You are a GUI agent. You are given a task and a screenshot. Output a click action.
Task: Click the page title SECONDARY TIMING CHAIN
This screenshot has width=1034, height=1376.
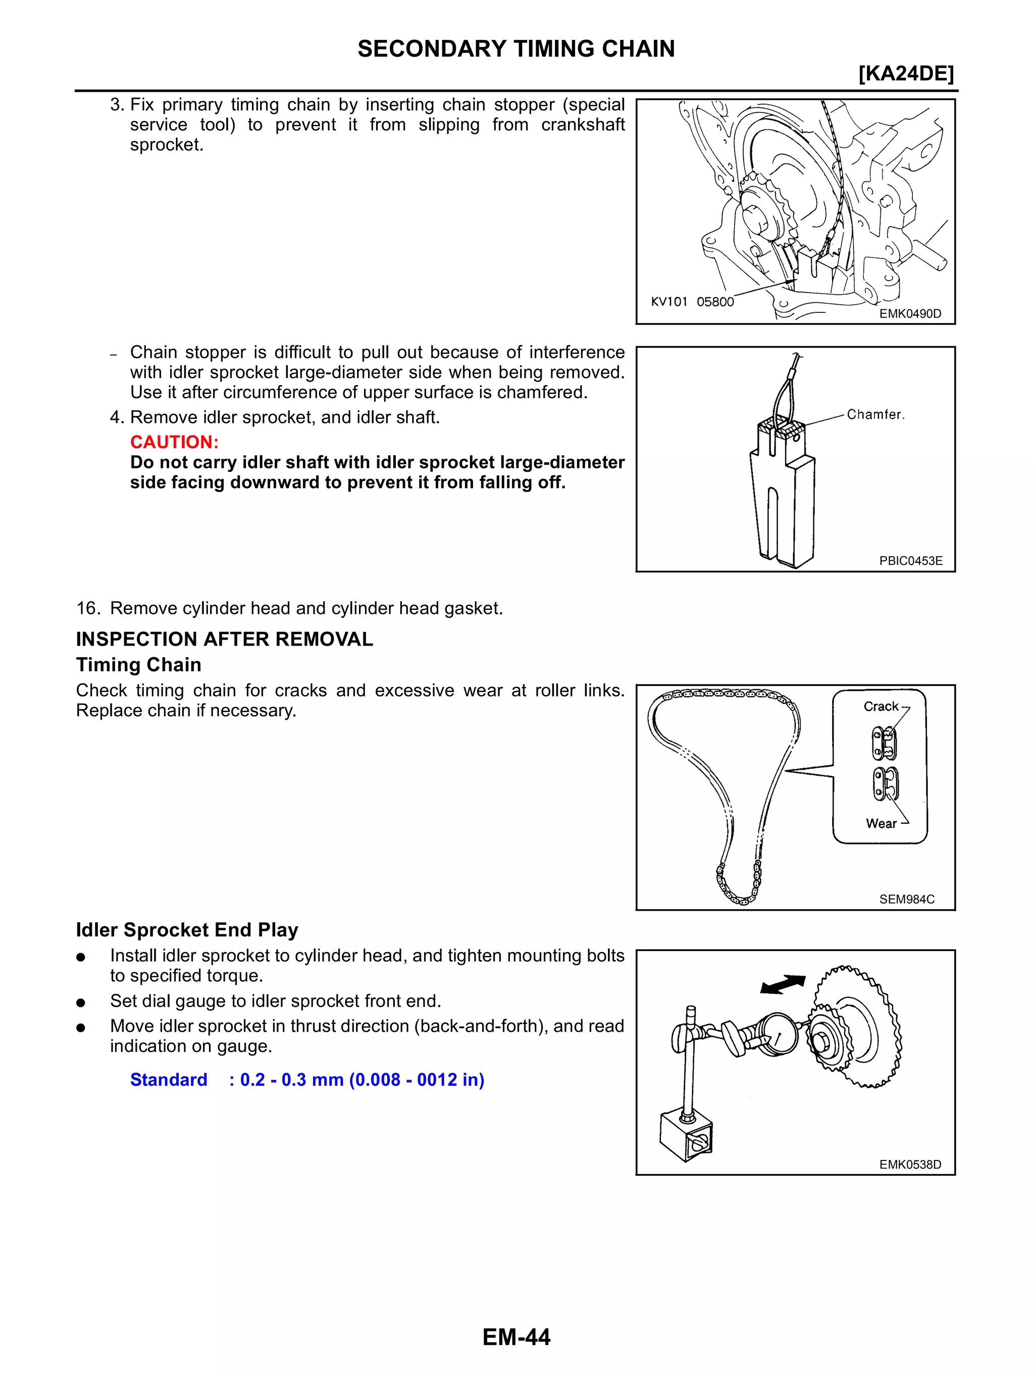516,48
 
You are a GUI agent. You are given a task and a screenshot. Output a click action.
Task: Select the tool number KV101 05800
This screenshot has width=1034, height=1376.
692,302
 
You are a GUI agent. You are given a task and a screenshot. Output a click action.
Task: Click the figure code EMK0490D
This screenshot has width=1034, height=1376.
910,313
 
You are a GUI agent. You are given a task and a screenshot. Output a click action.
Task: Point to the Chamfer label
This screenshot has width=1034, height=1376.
875,414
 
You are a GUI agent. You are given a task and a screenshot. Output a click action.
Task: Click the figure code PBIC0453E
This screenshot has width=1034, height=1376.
910,560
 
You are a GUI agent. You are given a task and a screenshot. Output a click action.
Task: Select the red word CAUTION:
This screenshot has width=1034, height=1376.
174,442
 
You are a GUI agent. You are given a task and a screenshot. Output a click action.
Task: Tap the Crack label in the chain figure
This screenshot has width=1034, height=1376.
881,706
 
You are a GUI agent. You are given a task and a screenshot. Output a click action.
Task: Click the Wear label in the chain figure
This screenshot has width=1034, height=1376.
881,823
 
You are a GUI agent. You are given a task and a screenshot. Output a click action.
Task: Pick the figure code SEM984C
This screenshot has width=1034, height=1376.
906,899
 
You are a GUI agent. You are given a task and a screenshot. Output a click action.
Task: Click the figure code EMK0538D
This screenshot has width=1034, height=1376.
910,1165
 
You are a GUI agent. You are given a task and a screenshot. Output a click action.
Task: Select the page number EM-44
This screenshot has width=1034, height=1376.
516,1337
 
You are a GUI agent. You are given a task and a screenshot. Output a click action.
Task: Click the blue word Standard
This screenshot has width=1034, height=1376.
169,1079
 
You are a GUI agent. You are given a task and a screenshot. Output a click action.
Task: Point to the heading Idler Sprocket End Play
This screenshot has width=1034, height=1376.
187,929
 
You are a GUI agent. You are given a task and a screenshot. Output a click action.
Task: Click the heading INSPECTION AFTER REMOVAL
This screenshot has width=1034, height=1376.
224,639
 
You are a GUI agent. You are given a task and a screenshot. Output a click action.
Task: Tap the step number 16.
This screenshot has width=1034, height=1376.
88,608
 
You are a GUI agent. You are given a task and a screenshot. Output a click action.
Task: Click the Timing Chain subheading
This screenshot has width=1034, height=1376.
138,664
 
